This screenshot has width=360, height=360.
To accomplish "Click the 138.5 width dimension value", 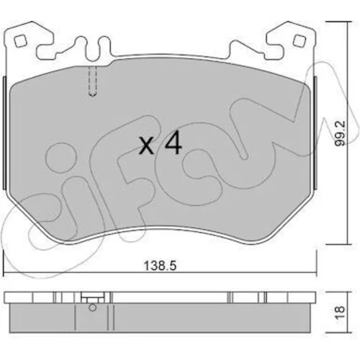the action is pyautogui.click(x=160, y=266).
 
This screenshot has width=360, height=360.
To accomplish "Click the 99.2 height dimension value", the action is pyautogui.click(x=341, y=133).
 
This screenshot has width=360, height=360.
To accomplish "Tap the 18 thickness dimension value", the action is pyautogui.click(x=341, y=312).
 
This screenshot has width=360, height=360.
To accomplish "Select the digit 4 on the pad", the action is pyautogui.click(x=174, y=143).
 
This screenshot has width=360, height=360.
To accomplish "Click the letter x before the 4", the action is pyautogui.click(x=147, y=146).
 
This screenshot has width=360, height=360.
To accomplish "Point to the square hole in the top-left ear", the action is pyautogui.click(x=20, y=41).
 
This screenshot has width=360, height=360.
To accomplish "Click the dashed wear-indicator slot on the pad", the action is pyautogui.click(x=92, y=81).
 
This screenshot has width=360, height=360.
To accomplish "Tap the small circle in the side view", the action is pyautogui.click(x=92, y=307).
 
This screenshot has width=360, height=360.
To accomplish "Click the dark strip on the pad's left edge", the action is pyautogui.click(x=4, y=133).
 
